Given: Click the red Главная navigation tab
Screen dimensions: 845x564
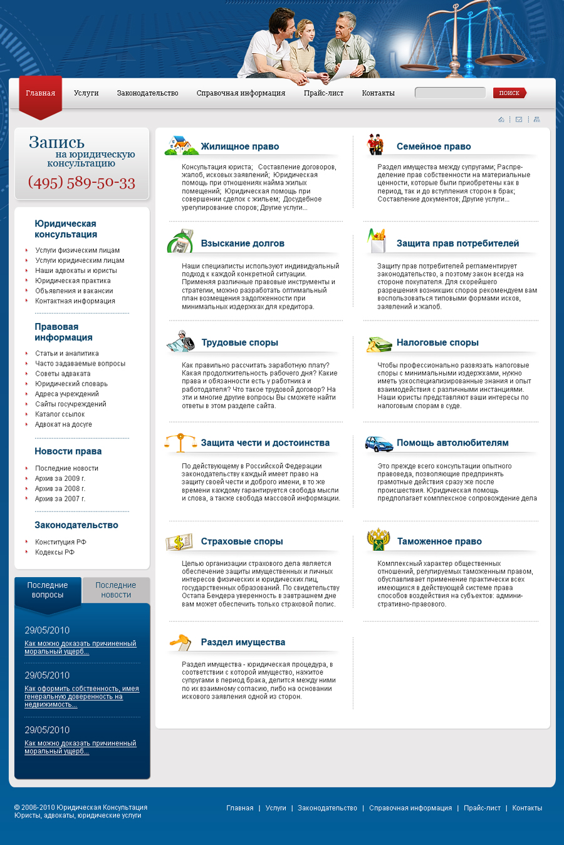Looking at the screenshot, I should click(41, 94).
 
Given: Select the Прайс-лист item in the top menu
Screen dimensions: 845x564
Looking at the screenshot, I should click(323, 93).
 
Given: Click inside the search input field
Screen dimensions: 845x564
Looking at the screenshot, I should click(450, 93).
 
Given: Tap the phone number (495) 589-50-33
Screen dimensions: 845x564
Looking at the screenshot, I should click(81, 183).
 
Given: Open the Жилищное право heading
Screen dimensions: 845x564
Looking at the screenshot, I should click(239, 146).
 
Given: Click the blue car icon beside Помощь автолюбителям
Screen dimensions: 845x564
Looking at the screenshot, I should click(379, 444).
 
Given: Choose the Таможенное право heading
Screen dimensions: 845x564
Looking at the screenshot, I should click(439, 541).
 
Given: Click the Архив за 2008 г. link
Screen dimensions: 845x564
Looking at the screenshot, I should click(60, 489).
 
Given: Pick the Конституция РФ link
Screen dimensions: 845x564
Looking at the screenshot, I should click(61, 542).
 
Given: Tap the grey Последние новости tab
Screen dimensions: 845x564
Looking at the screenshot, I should click(116, 590).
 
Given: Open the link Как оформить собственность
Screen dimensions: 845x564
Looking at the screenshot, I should click(81, 697).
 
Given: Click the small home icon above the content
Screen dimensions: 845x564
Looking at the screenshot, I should click(501, 120).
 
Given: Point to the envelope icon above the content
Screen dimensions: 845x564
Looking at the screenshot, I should click(519, 120).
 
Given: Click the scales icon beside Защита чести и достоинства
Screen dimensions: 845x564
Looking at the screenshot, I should click(180, 443).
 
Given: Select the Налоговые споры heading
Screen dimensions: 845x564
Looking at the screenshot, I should click(437, 342).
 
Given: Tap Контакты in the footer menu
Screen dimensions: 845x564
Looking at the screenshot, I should click(527, 808).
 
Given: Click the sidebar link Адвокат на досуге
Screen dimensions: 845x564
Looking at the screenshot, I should click(63, 424).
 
